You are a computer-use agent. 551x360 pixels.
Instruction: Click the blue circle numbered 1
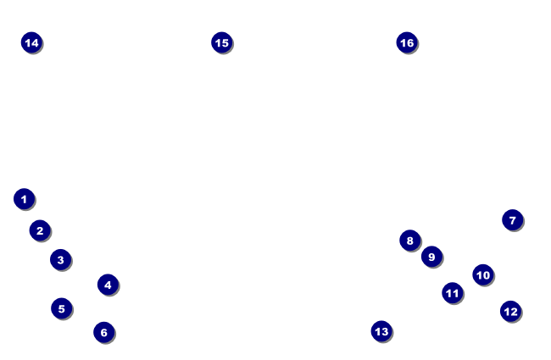coord(24,199)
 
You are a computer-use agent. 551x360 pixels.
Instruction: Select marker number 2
coord(40,230)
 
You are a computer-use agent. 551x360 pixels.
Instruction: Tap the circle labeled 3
coord(60,259)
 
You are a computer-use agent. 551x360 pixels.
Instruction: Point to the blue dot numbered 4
coord(107,285)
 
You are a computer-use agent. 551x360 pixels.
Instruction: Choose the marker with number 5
coord(61,308)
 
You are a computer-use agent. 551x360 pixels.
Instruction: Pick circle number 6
coord(103,332)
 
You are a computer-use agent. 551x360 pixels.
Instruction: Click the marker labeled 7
coord(512,220)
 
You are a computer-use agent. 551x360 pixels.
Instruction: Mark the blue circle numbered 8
coord(409,241)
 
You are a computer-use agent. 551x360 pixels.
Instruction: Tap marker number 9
coord(431,256)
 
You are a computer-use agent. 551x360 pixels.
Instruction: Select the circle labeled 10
coord(482,274)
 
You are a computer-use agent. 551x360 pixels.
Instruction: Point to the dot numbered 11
coord(452,293)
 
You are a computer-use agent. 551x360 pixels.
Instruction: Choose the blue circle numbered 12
coord(509,311)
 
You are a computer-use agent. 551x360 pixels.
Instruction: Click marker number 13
coord(381,331)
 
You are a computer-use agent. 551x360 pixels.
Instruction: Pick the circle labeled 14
coord(31,42)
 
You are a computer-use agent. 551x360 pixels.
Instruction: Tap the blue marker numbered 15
coord(221,42)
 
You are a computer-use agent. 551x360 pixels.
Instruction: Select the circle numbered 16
coord(407,42)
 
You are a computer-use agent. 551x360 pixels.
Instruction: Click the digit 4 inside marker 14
coord(34,42)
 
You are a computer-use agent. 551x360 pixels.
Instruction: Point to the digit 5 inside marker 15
coord(225,42)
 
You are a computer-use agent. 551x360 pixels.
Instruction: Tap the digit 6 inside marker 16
coord(410,42)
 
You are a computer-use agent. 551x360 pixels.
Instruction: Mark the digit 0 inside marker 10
coord(486,274)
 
